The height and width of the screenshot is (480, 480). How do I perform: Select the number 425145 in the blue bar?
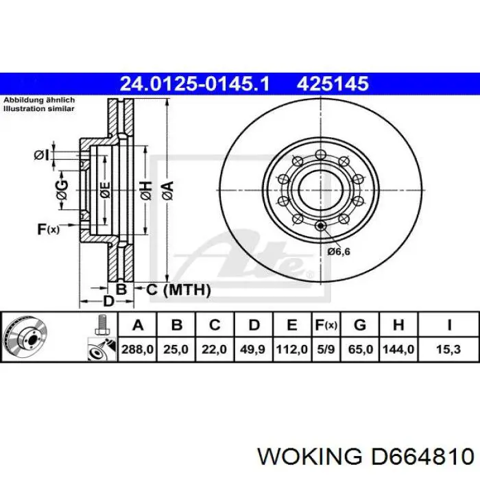(333, 84)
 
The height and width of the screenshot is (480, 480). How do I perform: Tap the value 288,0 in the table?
(138, 349)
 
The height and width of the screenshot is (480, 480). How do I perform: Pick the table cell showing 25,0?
(176, 349)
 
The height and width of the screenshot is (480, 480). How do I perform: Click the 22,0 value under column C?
(215, 349)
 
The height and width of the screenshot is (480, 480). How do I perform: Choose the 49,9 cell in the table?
(253, 349)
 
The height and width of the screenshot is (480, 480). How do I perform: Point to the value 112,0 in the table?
(292, 349)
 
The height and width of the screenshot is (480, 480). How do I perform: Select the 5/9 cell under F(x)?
(326, 349)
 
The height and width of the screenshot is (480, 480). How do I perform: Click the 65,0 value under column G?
(360, 349)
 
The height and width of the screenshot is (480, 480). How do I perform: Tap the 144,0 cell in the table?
(398, 349)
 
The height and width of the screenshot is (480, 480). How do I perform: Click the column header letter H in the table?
(398, 325)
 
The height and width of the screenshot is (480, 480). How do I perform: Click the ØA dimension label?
(167, 188)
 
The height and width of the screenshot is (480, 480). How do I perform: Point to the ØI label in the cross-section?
(42, 155)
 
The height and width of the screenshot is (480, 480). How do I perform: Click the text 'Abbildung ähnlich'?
(39, 99)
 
